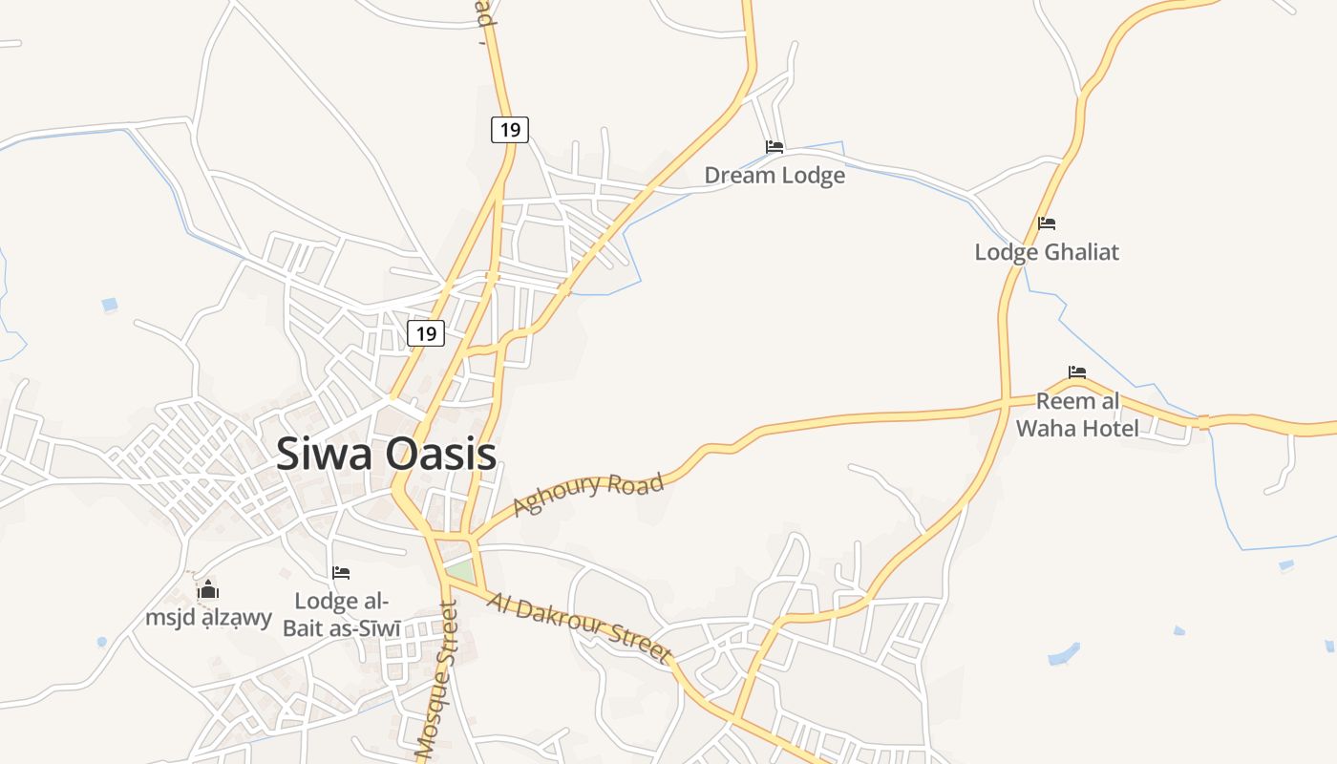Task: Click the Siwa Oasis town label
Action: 386,454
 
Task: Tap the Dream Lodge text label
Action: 775,176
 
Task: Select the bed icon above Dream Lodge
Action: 775,147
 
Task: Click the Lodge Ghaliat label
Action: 1047,252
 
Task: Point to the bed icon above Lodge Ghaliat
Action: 1047,223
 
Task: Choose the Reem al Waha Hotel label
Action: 1077,414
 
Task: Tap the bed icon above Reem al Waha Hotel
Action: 1077,371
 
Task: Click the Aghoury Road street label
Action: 588,494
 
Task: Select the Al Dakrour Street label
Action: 579,627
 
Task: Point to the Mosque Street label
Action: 437,681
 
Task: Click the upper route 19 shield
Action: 510,129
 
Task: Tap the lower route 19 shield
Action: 426,333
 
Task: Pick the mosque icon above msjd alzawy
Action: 207,589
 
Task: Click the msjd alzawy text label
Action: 209,618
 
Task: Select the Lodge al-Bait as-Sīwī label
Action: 341,614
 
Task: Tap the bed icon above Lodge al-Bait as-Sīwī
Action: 341,573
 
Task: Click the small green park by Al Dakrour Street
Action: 460,570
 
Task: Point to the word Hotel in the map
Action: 1110,428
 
